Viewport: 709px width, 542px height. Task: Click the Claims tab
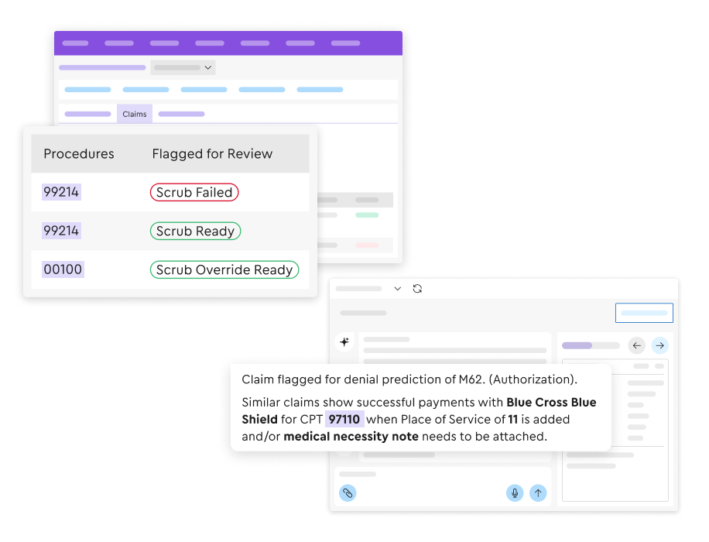(135, 114)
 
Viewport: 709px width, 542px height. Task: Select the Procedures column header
(79, 154)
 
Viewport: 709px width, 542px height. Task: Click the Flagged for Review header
(212, 154)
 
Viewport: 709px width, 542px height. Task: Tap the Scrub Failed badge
(194, 192)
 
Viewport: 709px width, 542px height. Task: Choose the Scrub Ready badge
(195, 231)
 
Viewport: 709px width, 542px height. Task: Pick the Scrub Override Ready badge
(224, 269)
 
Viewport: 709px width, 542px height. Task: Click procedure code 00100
(63, 269)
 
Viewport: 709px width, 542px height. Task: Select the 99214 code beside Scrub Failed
(61, 192)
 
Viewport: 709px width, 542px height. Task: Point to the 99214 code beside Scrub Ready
(61, 231)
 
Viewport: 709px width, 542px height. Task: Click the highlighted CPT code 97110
(344, 420)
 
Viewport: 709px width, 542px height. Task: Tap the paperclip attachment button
(348, 492)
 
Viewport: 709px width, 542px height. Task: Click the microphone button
(515, 492)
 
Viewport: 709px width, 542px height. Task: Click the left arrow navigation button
(637, 345)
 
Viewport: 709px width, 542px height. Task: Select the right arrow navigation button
(660, 345)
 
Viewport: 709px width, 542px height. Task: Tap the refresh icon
(417, 289)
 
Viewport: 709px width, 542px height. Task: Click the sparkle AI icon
(344, 341)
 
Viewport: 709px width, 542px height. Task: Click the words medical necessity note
(351, 437)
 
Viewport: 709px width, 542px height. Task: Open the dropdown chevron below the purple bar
(208, 67)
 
